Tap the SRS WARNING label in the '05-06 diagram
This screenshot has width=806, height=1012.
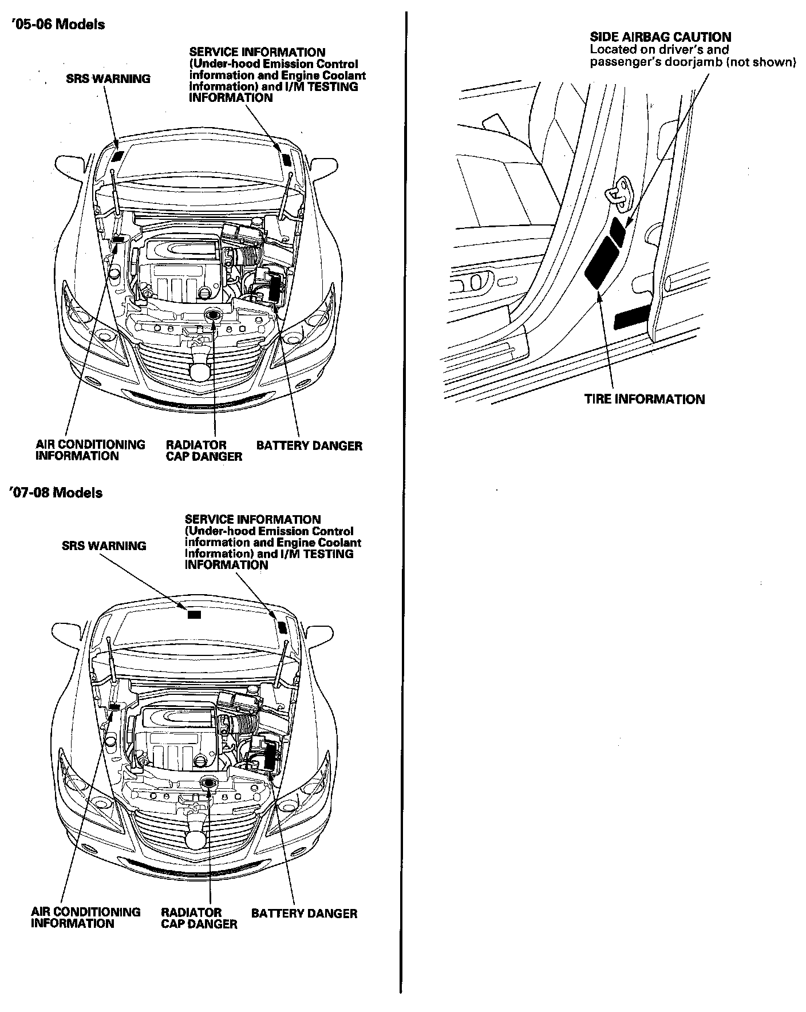pyautogui.click(x=108, y=79)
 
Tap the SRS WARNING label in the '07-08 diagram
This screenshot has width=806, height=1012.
pyautogui.click(x=104, y=546)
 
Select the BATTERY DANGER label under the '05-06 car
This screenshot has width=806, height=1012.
pyautogui.click(x=309, y=445)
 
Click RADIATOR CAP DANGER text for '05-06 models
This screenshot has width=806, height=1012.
pyautogui.click(x=204, y=450)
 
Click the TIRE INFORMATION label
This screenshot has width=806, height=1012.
pyautogui.click(x=644, y=399)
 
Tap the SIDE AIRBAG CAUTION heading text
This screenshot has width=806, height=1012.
pyautogui.click(x=660, y=37)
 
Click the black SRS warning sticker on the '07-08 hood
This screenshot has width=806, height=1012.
pyautogui.click(x=195, y=615)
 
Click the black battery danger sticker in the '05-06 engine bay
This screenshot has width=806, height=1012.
pyautogui.click(x=275, y=288)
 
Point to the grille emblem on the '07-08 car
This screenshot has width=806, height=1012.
pyautogui.click(x=196, y=840)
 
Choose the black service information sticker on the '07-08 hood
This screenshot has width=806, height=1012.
pyautogui.click(x=281, y=625)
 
